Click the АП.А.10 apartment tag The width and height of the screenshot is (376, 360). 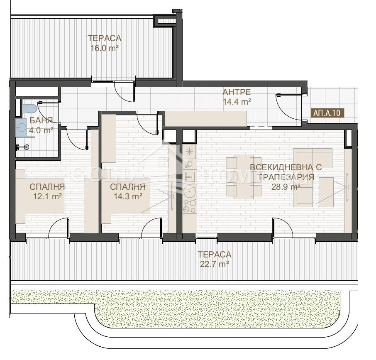(327, 113)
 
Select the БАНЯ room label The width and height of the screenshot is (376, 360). (41, 120)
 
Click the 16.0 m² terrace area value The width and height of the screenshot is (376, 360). (105, 48)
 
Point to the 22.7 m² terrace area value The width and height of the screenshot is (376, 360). (214, 264)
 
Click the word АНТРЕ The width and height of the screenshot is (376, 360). (237, 92)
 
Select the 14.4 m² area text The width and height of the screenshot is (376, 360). (237, 101)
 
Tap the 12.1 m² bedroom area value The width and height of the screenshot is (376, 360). (47, 196)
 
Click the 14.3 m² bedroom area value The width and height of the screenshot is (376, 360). (128, 196)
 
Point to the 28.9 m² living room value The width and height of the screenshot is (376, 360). (286, 186)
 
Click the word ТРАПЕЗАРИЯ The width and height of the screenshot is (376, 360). (286, 177)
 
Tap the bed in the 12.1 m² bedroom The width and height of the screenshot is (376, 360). (40, 196)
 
